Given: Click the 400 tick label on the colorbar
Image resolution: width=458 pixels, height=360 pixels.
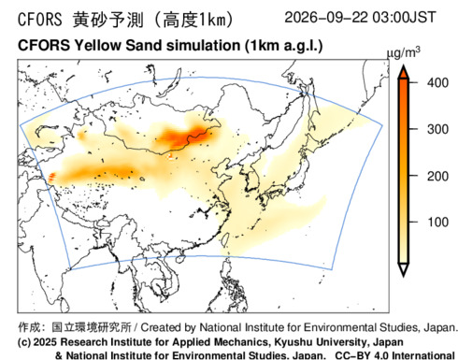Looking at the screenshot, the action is coord(437,83).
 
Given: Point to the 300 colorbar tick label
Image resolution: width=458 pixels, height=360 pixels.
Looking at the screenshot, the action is coord(437,129).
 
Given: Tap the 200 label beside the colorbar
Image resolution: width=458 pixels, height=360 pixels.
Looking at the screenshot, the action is coord(437,176).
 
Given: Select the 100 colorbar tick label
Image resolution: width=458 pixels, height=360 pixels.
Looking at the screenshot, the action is coord(437,223).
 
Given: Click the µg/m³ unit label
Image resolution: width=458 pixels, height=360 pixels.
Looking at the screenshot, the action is coord(403,52).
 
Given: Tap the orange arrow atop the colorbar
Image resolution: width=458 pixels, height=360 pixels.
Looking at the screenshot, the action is coord(404,72).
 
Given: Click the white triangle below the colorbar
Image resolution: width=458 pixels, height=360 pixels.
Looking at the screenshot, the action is coord(404,269).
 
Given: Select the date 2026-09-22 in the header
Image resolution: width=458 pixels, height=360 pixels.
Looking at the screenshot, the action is coord(326,17).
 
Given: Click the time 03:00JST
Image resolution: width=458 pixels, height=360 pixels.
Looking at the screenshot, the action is coord(404,17).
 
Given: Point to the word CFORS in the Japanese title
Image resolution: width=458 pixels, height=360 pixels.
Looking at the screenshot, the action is coord(40,20).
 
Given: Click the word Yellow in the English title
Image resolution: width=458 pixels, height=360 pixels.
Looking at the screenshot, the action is coord(97,46).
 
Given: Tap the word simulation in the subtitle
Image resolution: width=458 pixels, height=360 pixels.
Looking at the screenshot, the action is coord(203,46).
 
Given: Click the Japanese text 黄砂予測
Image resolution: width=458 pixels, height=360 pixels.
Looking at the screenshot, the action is coord(108,20).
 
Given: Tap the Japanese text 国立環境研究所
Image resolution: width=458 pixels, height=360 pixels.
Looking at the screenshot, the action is coord(92,327).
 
